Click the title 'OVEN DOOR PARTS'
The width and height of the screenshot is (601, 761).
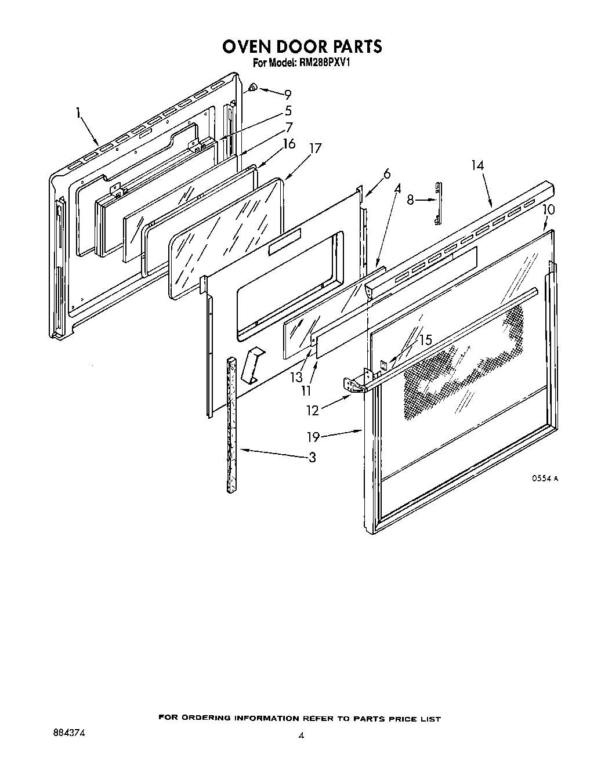(302, 46)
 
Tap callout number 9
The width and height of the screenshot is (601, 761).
(287, 95)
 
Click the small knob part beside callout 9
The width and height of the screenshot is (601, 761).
(254, 88)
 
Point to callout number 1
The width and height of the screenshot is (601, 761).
(78, 114)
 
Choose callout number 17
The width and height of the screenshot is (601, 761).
(315, 148)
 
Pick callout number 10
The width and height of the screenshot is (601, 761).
(548, 209)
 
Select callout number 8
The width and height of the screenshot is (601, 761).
(410, 200)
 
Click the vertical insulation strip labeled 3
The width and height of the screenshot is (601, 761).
(233, 423)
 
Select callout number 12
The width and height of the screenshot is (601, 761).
(313, 410)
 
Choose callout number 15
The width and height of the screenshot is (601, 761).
(425, 340)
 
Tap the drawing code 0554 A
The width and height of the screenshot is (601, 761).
(545, 479)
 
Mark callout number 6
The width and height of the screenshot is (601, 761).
(386, 173)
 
